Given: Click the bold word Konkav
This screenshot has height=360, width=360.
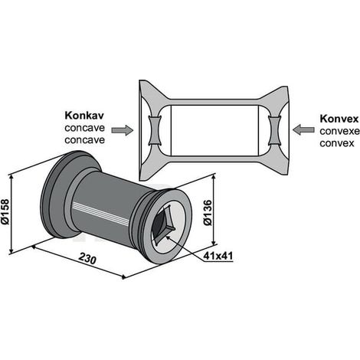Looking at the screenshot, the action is (x=84, y=116).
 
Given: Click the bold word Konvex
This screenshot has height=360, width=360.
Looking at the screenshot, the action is (x=339, y=119).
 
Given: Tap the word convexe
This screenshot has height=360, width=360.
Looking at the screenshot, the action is (x=339, y=131).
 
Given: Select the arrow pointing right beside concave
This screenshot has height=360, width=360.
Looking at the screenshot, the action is (x=123, y=130).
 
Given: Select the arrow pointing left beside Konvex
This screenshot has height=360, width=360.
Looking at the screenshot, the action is (x=303, y=129).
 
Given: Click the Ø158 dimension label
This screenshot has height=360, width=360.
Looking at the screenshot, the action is (x=5, y=211).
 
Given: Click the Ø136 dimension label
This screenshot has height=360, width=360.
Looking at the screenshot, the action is (x=208, y=213).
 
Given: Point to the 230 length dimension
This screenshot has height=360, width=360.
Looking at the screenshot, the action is (x=87, y=258).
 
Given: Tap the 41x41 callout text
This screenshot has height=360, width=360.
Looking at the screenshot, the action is (x=218, y=256).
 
